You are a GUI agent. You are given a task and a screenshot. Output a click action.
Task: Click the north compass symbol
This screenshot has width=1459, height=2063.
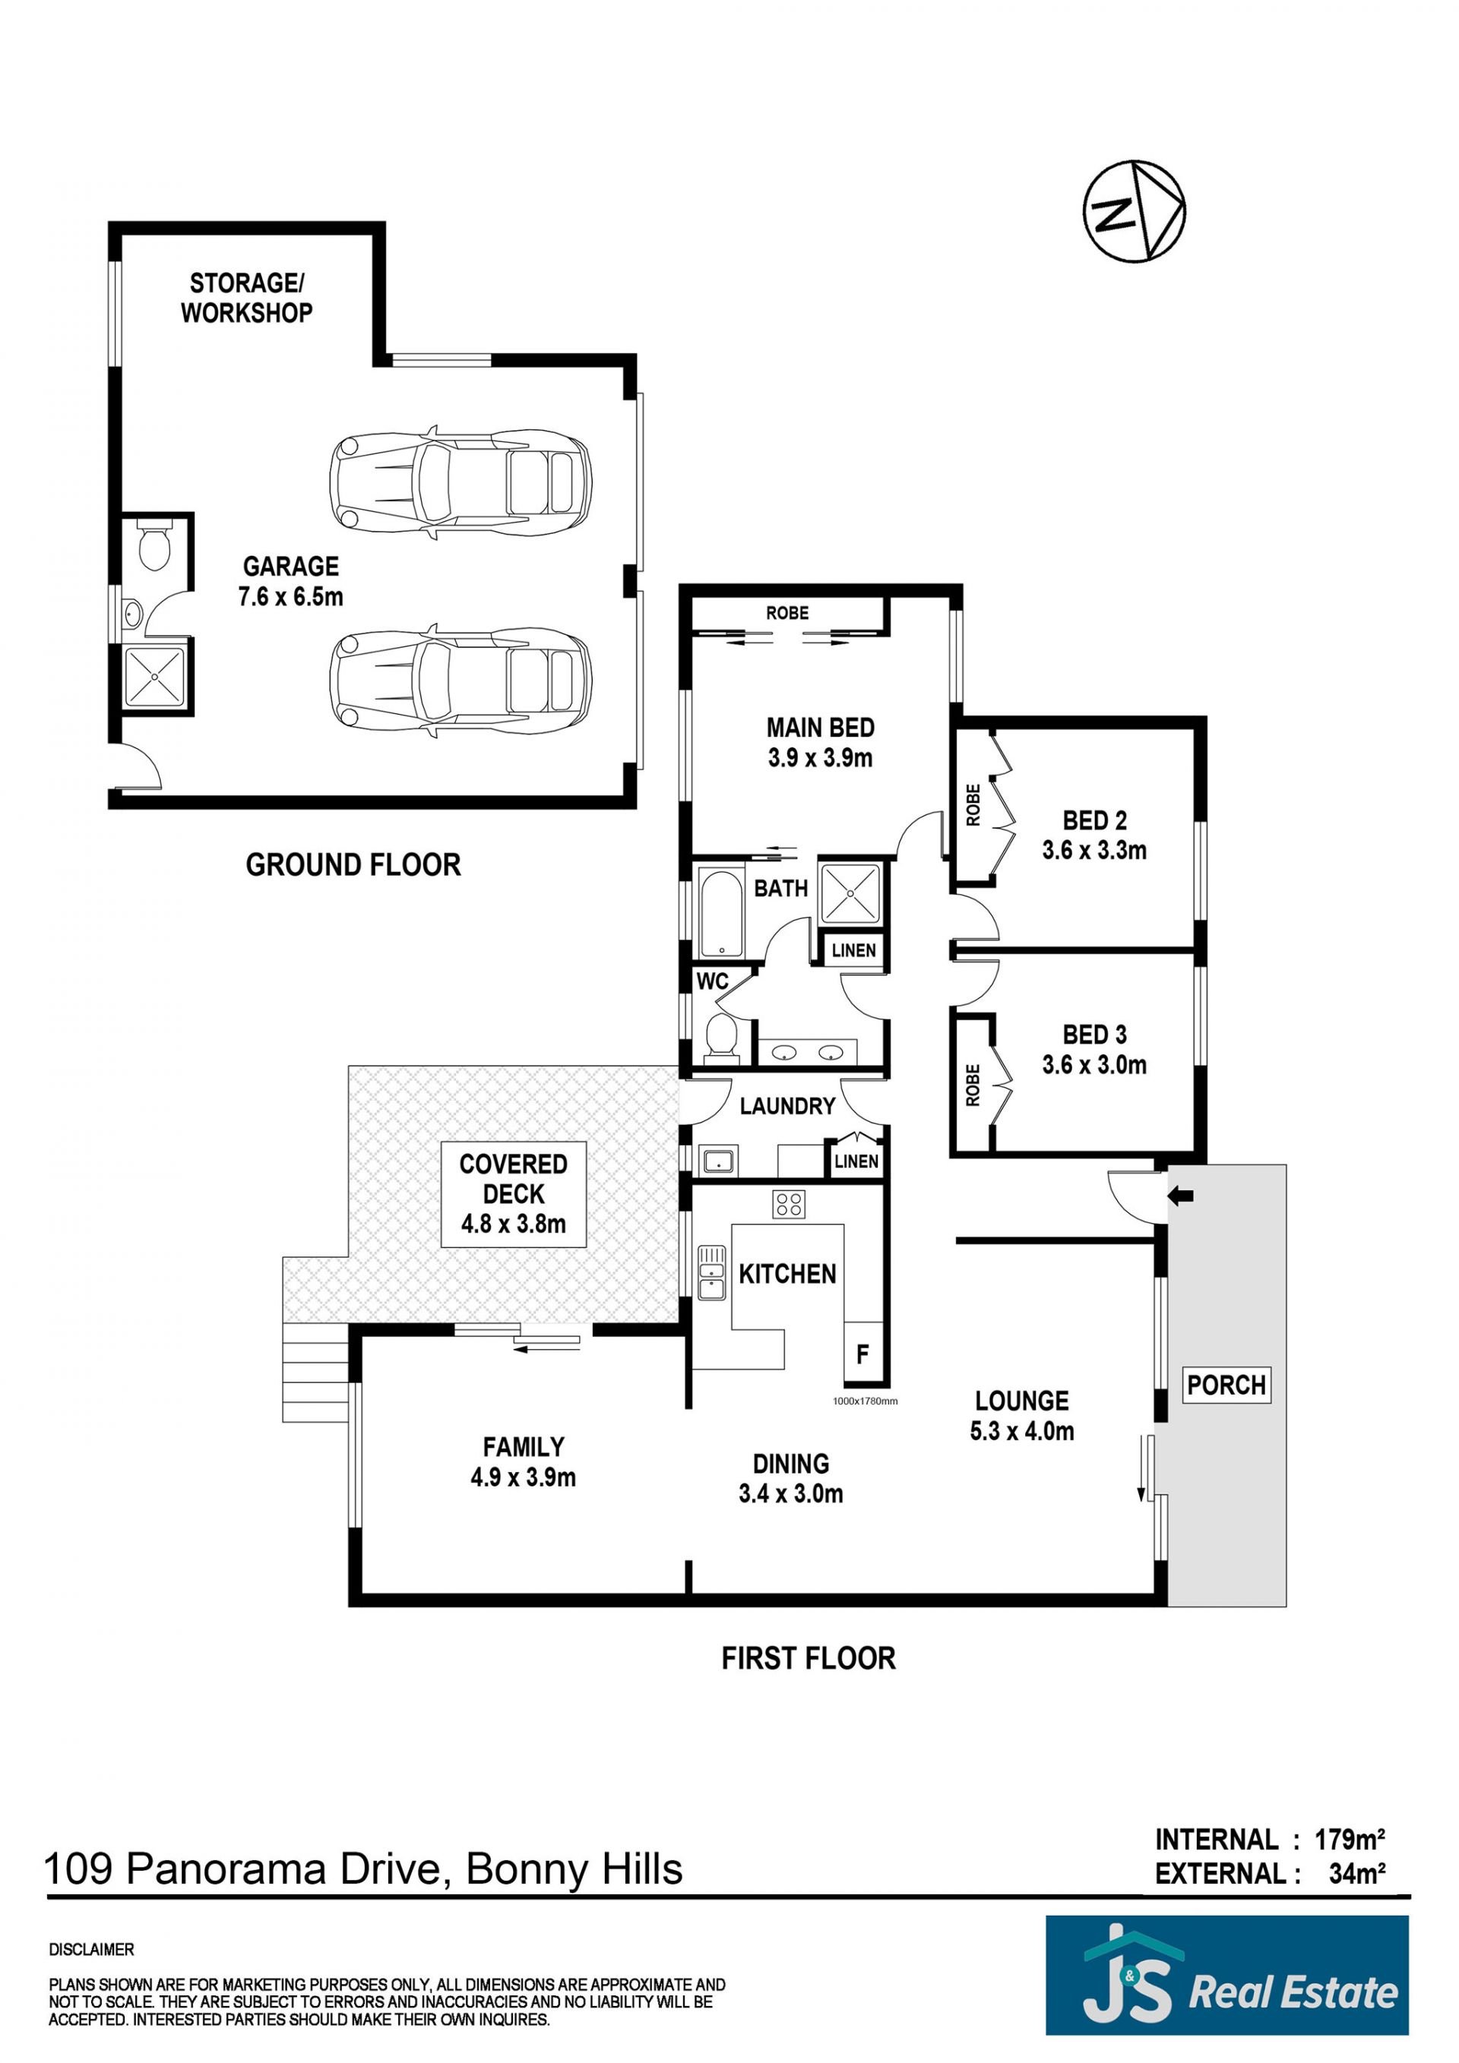pos(1134,212)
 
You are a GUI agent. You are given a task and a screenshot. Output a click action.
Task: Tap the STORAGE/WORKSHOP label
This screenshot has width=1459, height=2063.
pos(246,298)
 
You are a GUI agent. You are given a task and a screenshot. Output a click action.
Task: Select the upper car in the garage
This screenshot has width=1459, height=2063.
pos(461,482)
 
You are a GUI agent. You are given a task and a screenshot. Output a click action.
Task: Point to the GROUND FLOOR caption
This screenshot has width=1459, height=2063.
pos(353,864)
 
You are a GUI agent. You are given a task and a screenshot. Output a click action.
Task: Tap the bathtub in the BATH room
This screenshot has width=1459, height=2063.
pos(720,911)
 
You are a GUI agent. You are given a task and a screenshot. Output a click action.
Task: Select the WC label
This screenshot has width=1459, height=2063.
pos(712,981)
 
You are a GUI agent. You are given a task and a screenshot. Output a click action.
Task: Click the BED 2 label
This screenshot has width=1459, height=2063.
pos(1094,820)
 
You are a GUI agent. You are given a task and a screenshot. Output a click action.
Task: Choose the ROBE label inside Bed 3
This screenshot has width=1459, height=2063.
pos(972,1085)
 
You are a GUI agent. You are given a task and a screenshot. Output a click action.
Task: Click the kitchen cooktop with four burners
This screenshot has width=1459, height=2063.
pos(790,1204)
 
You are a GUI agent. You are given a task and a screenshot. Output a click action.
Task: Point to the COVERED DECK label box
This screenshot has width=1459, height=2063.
pos(513,1194)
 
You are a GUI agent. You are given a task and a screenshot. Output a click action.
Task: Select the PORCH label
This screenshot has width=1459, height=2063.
pos(1226,1385)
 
